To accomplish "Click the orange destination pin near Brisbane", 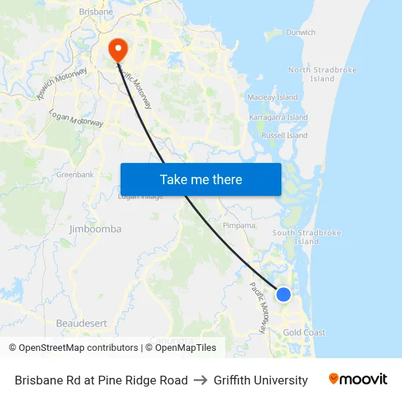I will point(117,48).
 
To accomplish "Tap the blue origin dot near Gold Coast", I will point(284,295).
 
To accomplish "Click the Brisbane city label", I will point(96,12).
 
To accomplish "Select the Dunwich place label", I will point(300,32).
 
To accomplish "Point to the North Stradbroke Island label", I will point(322,75).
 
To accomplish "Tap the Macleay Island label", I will point(273,97).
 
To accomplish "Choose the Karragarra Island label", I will point(278,117).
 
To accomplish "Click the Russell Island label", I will point(284,135).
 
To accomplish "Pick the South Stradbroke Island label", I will point(306,237).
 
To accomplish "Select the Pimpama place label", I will point(239,226).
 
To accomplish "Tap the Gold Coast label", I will point(304,333).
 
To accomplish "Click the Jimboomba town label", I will point(95,229).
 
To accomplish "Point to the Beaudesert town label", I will point(81,322).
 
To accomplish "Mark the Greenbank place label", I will point(75,175).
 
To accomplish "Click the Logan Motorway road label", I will point(76,118).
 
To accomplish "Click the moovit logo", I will point(357,379).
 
